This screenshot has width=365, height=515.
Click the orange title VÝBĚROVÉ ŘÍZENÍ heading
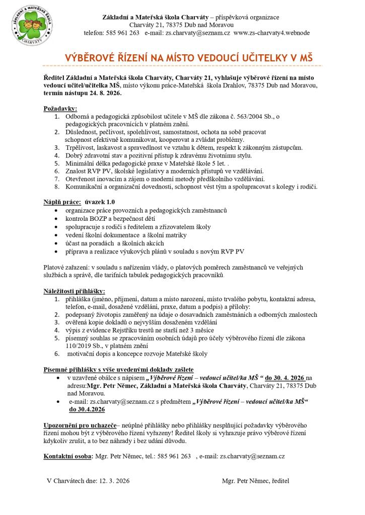point(189,58)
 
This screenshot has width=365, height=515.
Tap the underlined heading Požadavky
point(60,108)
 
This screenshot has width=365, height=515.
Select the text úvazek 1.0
point(101,202)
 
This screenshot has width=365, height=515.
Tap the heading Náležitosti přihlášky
point(74,291)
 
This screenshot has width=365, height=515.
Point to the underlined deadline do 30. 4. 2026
point(285,378)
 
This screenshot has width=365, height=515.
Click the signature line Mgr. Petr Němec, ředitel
point(256,481)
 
